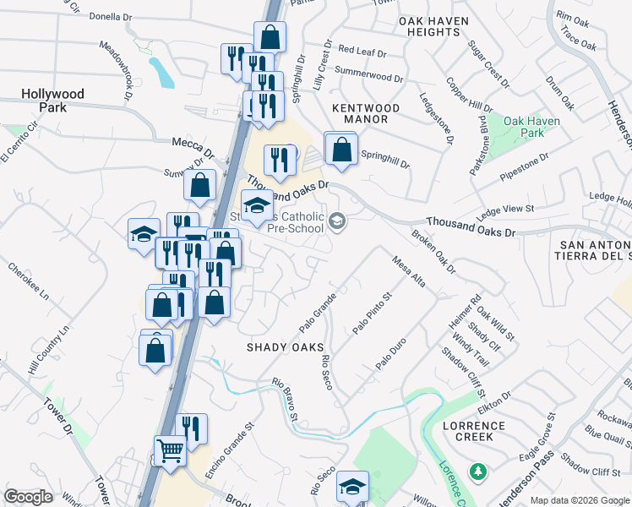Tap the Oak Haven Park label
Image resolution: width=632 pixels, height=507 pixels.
pyautogui.click(x=531, y=127)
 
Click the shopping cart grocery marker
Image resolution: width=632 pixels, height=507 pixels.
pyautogui.click(x=170, y=452)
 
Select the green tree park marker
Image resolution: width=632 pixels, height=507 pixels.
pyautogui.click(x=478, y=470)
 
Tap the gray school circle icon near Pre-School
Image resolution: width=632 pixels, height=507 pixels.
pyautogui.click(x=337, y=221)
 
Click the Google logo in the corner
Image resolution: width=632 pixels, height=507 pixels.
pyautogui.click(x=29, y=497)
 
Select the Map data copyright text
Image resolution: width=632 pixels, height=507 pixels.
pyautogui.click(x=580, y=500)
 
